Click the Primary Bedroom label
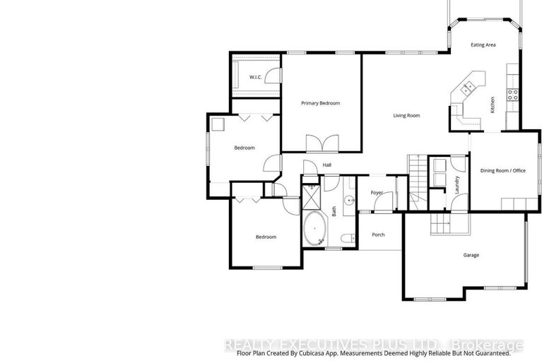(320, 103)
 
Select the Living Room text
(406, 115)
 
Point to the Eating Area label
(483, 45)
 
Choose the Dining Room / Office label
(503, 170)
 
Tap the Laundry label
(458, 184)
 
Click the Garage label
(471, 254)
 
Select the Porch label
(378, 235)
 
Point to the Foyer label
(377, 192)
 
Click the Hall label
(326, 165)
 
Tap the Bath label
(334, 211)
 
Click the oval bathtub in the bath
(314, 230)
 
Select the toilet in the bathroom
(346, 239)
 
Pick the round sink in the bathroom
(348, 200)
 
